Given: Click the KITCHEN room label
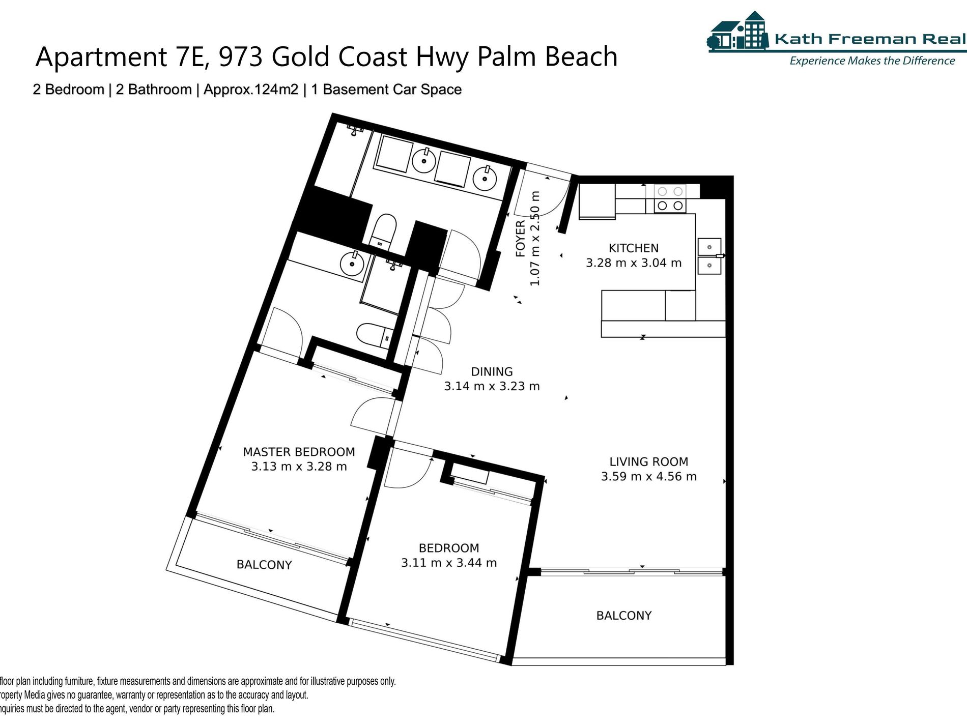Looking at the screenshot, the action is coord(634,248).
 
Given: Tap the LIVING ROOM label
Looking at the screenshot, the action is coord(648,461).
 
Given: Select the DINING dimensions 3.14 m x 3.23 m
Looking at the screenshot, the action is coord(492,386).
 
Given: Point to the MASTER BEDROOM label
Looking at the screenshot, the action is coord(299,452).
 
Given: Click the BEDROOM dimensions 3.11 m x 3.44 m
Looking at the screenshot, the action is coord(449,563).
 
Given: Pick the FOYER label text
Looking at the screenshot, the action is coord(520,239).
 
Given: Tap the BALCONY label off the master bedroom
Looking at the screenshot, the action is coord(264,565).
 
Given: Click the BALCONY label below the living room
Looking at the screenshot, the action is coord(624,616).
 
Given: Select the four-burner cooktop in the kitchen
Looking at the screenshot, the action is coord(670,198).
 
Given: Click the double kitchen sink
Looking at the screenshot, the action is coord(709,256).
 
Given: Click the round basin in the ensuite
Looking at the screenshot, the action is coord(352,264).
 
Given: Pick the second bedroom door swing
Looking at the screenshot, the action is coord(408,468).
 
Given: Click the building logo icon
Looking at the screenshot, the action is coord(738,32).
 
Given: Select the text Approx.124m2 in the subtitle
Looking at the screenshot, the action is coord(251,90).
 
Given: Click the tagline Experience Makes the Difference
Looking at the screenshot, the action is coord(872,61).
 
